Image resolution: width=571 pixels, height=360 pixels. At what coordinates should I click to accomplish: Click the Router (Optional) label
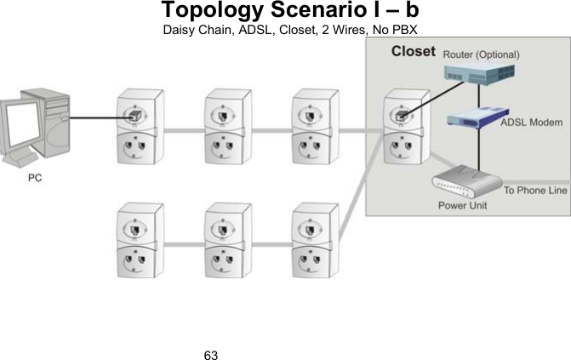coord(480,54)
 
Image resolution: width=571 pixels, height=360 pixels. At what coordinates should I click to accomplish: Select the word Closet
coord(413,52)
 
